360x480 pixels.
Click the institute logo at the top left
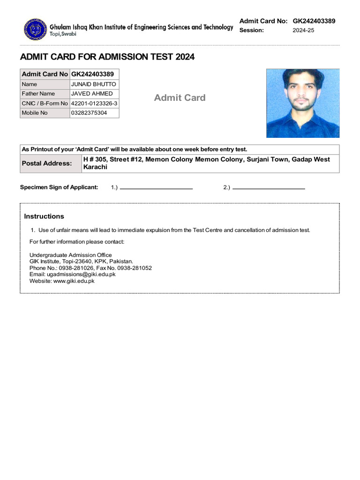[x=34, y=29]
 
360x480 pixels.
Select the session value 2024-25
[x=303, y=30]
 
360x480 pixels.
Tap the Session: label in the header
[x=252, y=30]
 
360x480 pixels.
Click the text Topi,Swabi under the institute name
[x=63, y=34]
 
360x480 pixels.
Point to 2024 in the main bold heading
[x=185, y=57]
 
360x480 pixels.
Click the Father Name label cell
[x=38, y=94]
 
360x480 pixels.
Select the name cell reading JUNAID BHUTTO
[x=94, y=84]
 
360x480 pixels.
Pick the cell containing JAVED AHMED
[x=92, y=94]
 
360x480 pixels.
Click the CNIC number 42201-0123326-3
[x=94, y=104]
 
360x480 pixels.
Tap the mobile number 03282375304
[x=89, y=113]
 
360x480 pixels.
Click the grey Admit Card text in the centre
[x=180, y=97]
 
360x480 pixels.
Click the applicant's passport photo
[x=303, y=103]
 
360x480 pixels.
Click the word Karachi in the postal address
[x=95, y=167]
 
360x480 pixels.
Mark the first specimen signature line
[x=156, y=188]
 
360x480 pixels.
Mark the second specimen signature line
[x=269, y=188]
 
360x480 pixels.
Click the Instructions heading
[x=44, y=217]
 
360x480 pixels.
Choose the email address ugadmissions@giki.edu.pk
[x=81, y=274]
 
